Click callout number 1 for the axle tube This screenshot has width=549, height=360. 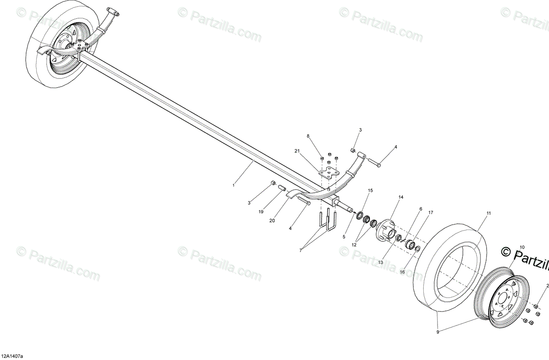(x=233, y=185)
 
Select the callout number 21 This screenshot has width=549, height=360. (x=297, y=151)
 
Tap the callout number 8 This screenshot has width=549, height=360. (x=308, y=136)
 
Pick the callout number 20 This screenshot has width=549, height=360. (x=272, y=220)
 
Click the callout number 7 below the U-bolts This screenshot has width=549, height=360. (x=300, y=250)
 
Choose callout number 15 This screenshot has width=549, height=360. (x=370, y=190)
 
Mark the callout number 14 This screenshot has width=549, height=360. (x=401, y=197)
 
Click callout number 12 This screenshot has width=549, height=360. (x=354, y=245)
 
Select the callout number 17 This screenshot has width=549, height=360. (x=430, y=213)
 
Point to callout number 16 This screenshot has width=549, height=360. (x=402, y=272)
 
